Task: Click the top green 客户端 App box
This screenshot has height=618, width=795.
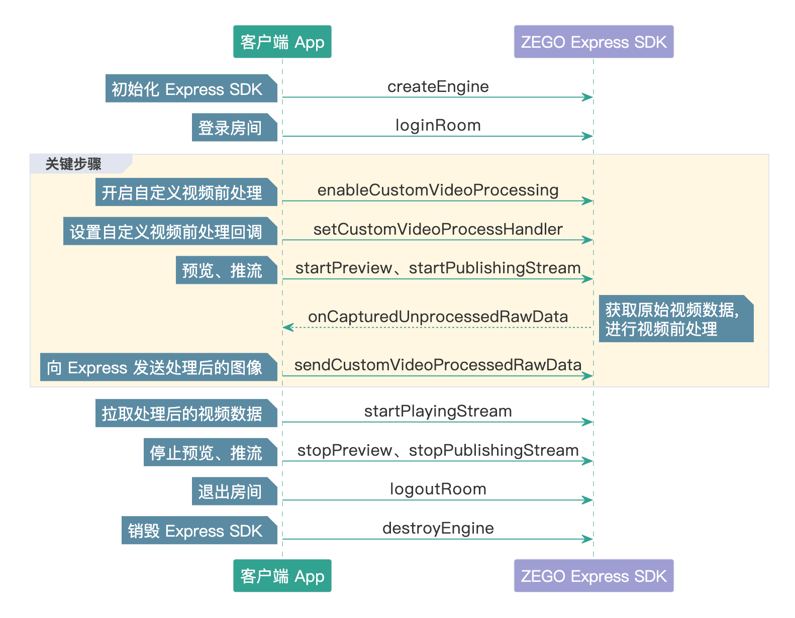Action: [282, 42]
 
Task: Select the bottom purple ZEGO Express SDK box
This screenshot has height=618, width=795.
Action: [593, 576]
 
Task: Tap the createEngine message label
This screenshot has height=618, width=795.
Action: [438, 86]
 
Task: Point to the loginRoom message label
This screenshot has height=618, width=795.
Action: [438, 126]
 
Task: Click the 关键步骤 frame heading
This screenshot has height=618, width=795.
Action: [73, 164]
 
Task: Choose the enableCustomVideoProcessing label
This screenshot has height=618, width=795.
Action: [438, 190]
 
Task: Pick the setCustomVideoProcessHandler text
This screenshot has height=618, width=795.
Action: [438, 229]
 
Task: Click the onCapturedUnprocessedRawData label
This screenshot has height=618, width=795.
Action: [438, 317]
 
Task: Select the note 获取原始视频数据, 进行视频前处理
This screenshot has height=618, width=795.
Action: [676, 319]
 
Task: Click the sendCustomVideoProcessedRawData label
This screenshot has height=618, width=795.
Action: [438, 365]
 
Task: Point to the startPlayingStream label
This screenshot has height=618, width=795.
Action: [438, 411]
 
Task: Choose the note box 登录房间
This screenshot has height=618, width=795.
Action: [235, 127]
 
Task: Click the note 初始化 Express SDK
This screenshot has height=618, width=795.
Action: [191, 88]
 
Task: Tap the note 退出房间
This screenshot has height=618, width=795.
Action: [235, 491]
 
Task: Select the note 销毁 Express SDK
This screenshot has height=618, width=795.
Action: [200, 530]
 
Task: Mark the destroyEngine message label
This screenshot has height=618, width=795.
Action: [438, 529]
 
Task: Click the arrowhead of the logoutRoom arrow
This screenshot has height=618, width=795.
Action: [587, 500]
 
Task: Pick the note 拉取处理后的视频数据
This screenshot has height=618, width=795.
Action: [186, 413]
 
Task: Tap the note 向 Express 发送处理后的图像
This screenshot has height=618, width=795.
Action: [159, 367]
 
